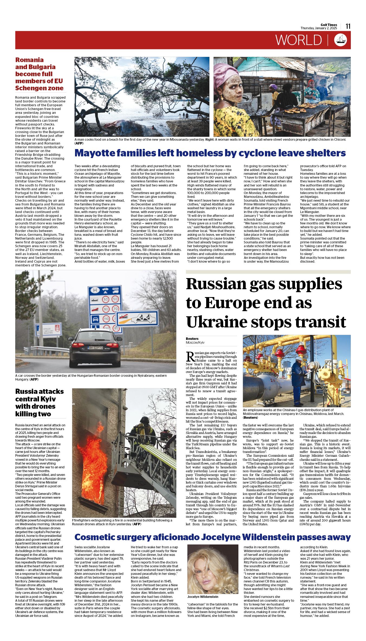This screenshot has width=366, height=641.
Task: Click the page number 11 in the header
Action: coord(348,26)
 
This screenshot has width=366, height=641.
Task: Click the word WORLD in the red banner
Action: coord(299,40)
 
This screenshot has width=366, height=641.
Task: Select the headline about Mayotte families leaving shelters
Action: coord(210,153)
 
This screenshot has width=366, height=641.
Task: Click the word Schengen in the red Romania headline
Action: coord(29,88)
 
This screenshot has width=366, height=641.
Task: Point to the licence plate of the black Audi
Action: coord(95,348)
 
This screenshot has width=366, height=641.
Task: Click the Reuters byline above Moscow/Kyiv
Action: coord(192,339)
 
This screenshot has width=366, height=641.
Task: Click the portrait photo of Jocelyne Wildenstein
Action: coord(213,569)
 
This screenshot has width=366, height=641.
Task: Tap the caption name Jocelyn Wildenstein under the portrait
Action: coord(203,597)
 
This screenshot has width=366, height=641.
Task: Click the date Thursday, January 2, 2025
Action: coord(319,28)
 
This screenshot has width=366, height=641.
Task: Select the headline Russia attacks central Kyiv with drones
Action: coord(40,402)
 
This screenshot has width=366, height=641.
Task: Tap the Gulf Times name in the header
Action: coord(329,25)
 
